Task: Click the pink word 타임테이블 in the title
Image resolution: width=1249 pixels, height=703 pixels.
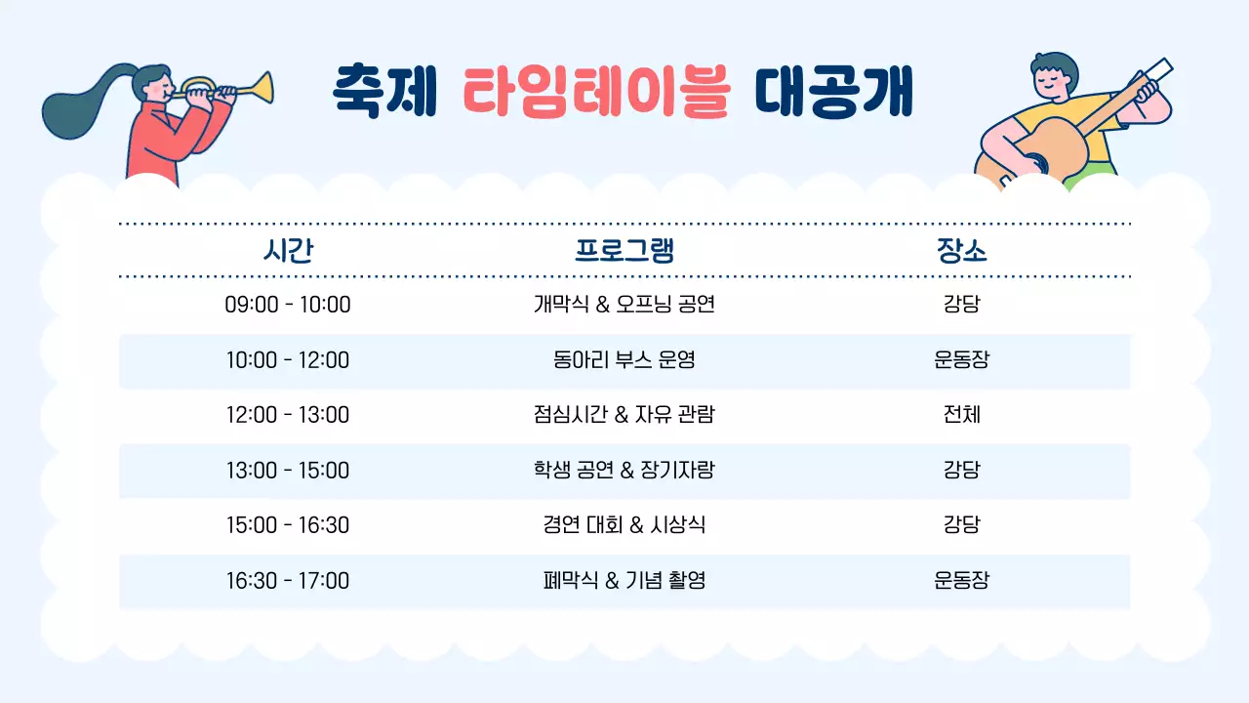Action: point(595,90)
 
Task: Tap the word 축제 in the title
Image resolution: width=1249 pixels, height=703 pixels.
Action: point(383,90)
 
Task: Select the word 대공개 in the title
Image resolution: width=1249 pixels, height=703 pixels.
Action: point(834,90)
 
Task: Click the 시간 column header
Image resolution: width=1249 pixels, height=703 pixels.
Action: point(288,251)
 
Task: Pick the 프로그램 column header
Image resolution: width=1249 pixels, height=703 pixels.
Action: point(624,251)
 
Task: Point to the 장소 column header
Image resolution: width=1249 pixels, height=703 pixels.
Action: point(961,251)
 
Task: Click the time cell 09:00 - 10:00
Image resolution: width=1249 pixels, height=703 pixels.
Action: point(288,305)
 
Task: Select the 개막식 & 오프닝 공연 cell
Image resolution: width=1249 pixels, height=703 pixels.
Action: point(624,305)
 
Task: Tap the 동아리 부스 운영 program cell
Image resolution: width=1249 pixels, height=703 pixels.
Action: point(624,360)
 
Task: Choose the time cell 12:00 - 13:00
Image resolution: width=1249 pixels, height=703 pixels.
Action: point(288,415)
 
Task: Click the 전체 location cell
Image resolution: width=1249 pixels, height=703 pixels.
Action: point(961,415)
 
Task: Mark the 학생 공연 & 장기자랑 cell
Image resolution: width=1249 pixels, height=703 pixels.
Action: point(624,471)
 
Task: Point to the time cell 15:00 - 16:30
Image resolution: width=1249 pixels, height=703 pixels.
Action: point(288,525)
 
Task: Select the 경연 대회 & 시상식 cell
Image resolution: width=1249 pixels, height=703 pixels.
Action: point(624,525)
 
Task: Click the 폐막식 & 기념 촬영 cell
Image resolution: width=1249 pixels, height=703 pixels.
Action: point(624,581)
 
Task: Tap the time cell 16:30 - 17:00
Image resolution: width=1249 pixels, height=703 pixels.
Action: point(288,581)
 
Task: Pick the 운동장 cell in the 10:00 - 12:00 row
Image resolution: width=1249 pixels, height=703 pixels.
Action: point(961,360)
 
